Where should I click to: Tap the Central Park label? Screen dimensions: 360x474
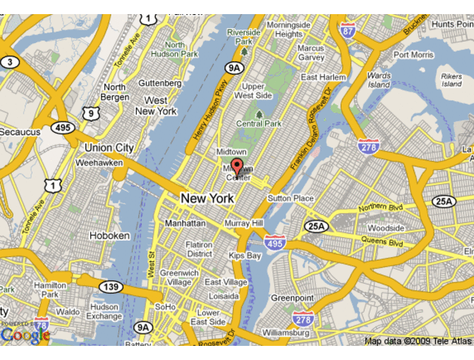point(259,124)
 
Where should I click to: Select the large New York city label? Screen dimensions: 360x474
point(207,199)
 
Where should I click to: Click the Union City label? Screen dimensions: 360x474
point(109,148)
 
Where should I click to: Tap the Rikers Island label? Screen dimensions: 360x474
point(451,79)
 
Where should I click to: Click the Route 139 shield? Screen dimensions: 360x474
point(111,287)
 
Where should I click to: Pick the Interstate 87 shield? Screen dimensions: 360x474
point(346,30)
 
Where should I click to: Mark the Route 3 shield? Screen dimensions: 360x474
point(9,61)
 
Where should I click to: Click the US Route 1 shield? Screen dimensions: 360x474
point(53,186)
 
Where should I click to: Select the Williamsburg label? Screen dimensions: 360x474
point(286,332)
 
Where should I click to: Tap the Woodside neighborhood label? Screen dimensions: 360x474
point(386,229)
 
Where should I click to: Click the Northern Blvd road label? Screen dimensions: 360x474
point(381,208)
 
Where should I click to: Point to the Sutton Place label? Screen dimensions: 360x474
point(291,198)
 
